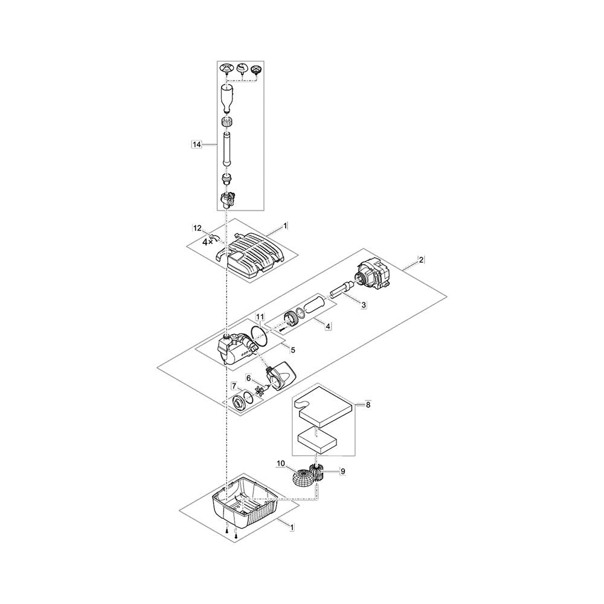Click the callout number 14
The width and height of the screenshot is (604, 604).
[x=197, y=144]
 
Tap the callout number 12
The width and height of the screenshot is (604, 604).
[x=198, y=228]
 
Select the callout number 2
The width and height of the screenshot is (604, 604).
[x=421, y=260]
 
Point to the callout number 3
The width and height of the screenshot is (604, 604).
[x=364, y=304]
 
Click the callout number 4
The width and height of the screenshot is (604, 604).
[x=328, y=326]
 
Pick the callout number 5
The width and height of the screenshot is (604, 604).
[x=293, y=350]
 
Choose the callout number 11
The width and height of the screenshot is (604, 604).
[x=260, y=316]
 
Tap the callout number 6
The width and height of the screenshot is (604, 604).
[x=249, y=379]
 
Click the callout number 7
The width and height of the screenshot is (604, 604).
[x=234, y=386]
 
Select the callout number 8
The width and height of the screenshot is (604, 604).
[x=368, y=405]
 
